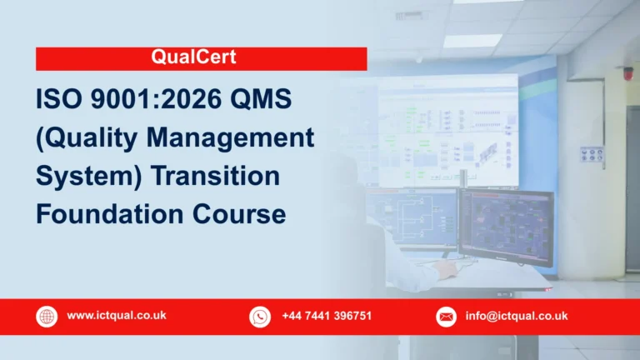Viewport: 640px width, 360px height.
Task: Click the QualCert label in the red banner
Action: (x=201, y=58)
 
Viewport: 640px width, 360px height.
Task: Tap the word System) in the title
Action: (x=83, y=177)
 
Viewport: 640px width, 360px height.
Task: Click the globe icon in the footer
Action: (x=47, y=317)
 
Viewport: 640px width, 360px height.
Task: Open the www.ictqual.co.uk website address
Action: (x=117, y=316)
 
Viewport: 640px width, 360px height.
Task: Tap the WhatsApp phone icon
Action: (x=260, y=317)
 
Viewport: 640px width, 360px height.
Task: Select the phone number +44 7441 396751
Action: (x=327, y=316)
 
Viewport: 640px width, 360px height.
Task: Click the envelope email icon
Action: (x=447, y=317)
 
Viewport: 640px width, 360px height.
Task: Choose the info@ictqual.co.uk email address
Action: (x=517, y=316)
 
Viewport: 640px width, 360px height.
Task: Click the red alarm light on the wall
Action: (x=627, y=73)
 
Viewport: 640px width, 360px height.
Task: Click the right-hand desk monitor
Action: (x=506, y=227)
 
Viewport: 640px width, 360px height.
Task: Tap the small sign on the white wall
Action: (x=592, y=155)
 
